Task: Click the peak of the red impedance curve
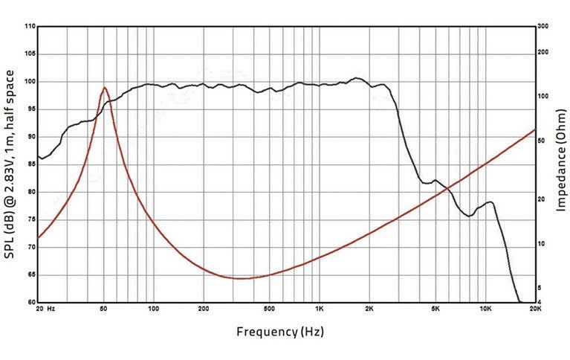[x=105, y=88]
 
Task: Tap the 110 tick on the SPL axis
[x=30, y=27]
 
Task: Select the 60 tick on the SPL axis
[x=30, y=302]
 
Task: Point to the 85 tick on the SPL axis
[x=30, y=164]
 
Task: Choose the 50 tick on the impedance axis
[x=541, y=140]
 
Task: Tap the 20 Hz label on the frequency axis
[x=46, y=309]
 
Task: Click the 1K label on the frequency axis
[x=319, y=309]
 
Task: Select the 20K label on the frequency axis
[x=535, y=309]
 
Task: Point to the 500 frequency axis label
[x=269, y=309]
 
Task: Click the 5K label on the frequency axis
[x=435, y=309]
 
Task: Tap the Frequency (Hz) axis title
[x=280, y=332]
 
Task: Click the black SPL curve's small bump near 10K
[x=489, y=202]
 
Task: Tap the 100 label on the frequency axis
[x=152, y=309]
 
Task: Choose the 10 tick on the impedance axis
[x=541, y=243]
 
